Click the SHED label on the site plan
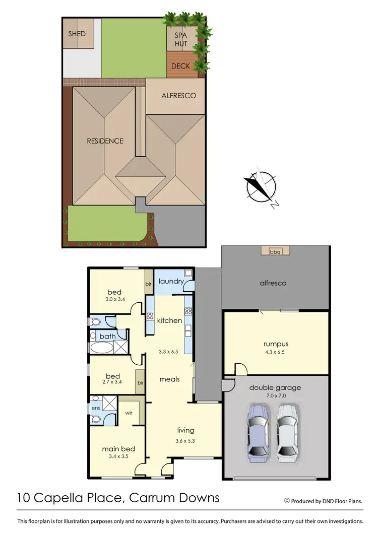click(x=77, y=34)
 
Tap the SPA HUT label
click(x=181, y=40)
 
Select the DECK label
click(x=180, y=66)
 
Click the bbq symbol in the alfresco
click(x=275, y=251)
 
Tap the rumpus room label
click(x=275, y=344)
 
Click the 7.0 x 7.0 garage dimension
click(x=275, y=396)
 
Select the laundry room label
click(x=170, y=281)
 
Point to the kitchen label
click(x=169, y=320)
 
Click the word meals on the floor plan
click(x=170, y=379)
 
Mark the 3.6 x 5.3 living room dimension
click(x=185, y=441)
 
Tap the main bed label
click(x=118, y=449)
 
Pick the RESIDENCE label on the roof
click(x=104, y=141)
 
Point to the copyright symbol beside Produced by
click(x=287, y=501)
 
